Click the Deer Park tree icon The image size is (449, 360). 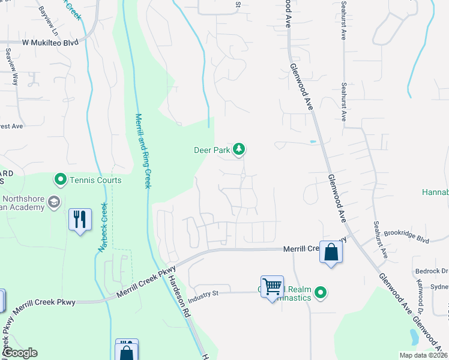(239, 149)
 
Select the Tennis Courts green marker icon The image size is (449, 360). (60, 179)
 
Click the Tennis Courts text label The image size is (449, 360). (95, 180)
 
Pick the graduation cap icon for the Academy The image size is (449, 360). (53, 202)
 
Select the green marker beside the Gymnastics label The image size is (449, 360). (321, 293)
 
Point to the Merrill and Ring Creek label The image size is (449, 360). (143, 151)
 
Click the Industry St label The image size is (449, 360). (205, 297)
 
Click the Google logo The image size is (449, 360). (20, 353)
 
